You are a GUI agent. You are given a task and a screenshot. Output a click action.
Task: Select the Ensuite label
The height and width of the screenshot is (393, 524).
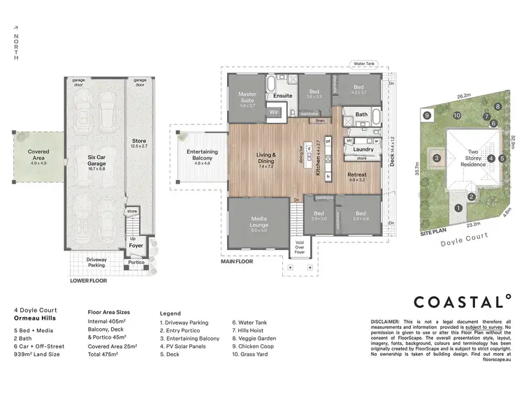[282, 96]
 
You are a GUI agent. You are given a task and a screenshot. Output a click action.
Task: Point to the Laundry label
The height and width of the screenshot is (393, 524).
[362, 149]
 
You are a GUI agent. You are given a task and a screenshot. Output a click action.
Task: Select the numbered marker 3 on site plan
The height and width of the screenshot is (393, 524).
[437, 158]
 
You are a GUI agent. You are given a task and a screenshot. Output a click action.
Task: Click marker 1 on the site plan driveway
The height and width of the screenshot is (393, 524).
[458, 207]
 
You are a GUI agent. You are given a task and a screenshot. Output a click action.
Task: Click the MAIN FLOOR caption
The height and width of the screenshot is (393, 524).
[237, 263]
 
